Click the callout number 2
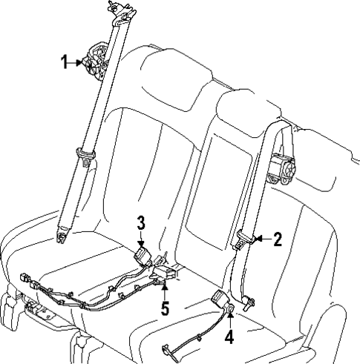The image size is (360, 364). point(278,239)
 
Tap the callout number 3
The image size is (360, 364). point(140,222)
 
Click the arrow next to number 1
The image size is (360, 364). point(77,64)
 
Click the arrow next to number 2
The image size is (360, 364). point(262,239)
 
